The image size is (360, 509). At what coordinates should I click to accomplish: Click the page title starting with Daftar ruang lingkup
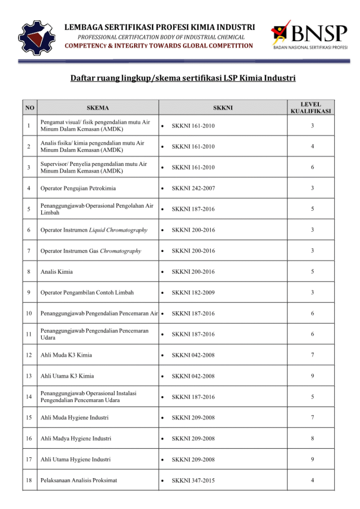click(183, 78)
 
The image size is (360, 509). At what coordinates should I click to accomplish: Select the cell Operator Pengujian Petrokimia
click(79, 188)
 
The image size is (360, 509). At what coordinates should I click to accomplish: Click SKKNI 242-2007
click(193, 188)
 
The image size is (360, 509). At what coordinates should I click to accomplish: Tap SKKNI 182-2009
click(193, 293)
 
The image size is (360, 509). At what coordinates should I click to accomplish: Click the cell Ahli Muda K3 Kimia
click(66, 355)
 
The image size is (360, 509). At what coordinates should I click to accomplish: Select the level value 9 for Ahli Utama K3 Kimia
click(312, 376)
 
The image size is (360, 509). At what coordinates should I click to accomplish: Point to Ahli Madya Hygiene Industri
click(76, 438)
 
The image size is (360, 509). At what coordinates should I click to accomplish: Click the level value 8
click(312, 438)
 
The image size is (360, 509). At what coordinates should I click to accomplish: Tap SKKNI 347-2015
click(193, 481)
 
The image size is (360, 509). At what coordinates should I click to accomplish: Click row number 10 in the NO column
click(29, 313)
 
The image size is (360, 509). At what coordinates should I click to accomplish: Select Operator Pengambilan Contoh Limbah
click(87, 293)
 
